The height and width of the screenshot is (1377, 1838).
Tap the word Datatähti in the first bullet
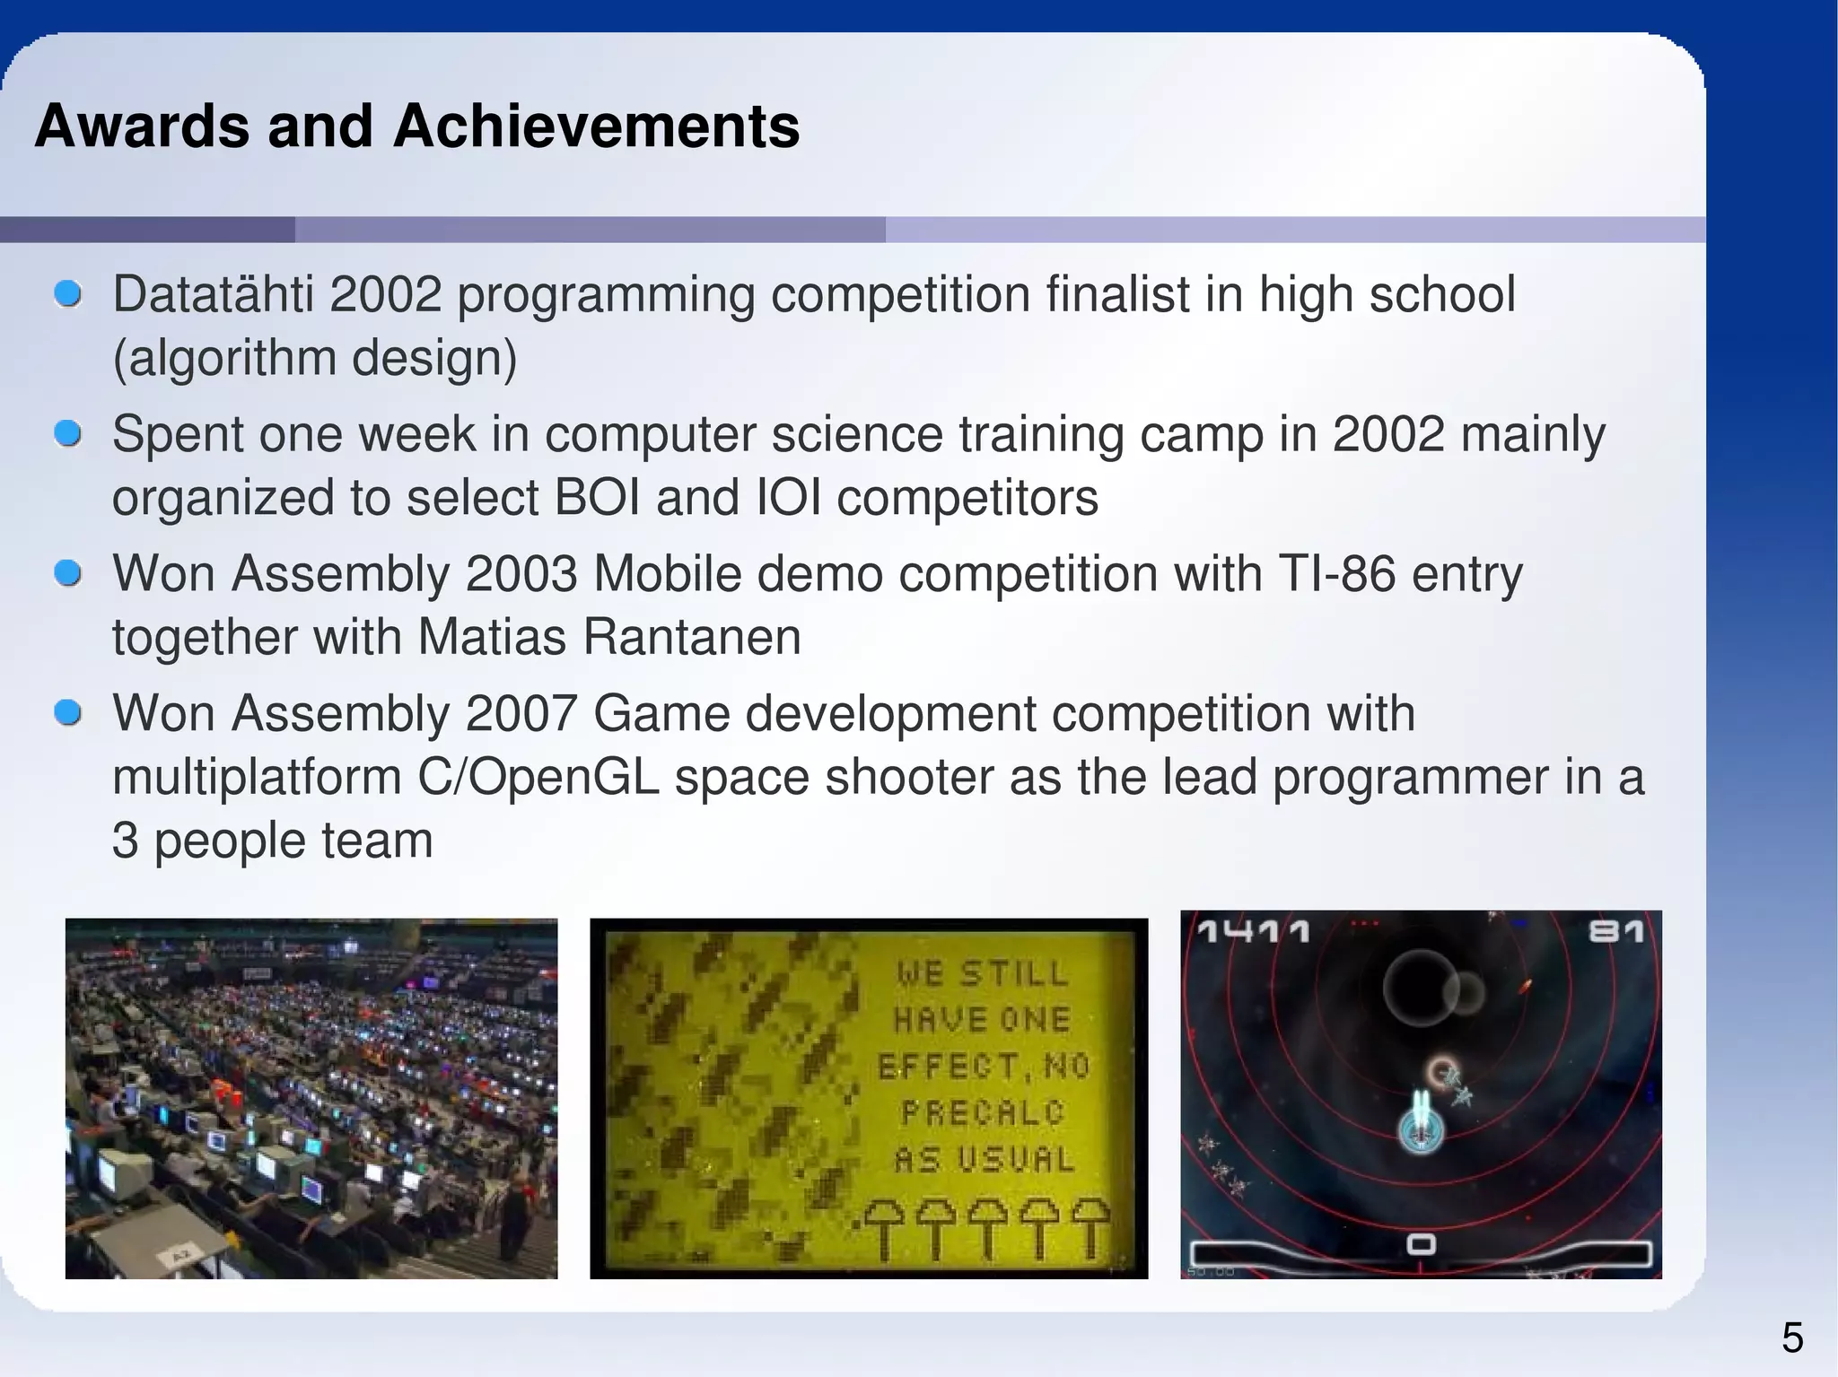(x=214, y=294)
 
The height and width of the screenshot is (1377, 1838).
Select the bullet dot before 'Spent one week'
(x=68, y=433)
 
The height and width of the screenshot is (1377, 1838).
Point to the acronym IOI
(x=789, y=498)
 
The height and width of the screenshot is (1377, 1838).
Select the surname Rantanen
(x=691, y=638)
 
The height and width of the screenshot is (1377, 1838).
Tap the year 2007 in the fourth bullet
(x=521, y=714)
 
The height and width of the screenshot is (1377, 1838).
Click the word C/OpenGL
(x=538, y=778)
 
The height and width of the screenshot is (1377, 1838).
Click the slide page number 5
(x=1791, y=1338)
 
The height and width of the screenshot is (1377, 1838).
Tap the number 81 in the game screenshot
(x=1615, y=932)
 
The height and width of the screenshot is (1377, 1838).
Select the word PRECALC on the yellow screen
(x=982, y=1113)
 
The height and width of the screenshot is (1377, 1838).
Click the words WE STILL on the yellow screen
(x=982, y=973)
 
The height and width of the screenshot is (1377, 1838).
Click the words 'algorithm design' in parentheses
(x=315, y=358)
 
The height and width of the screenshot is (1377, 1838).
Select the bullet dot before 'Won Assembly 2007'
(x=68, y=714)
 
